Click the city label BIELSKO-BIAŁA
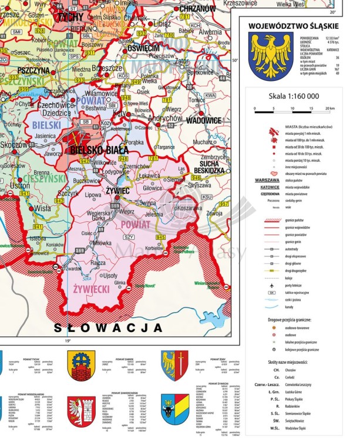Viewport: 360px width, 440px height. coord(100,150)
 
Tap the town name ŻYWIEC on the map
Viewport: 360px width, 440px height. coord(117,190)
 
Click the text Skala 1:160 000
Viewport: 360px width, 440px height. coord(294,96)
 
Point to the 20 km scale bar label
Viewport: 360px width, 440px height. coord(330,109)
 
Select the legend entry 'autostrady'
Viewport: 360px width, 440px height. coord(295,249)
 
